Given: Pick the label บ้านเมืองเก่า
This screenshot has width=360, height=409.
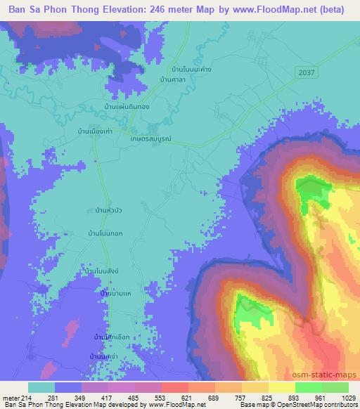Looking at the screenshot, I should click(x=96, y=131).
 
